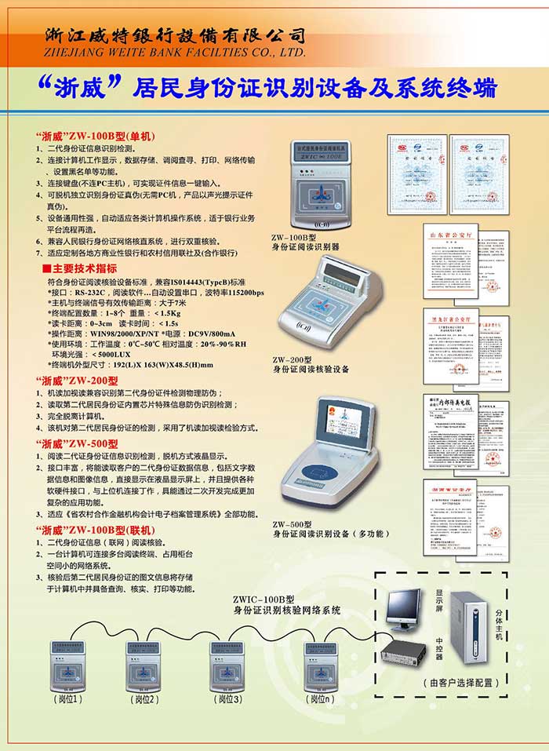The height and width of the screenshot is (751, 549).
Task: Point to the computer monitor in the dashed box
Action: click(x=407, y=609)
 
